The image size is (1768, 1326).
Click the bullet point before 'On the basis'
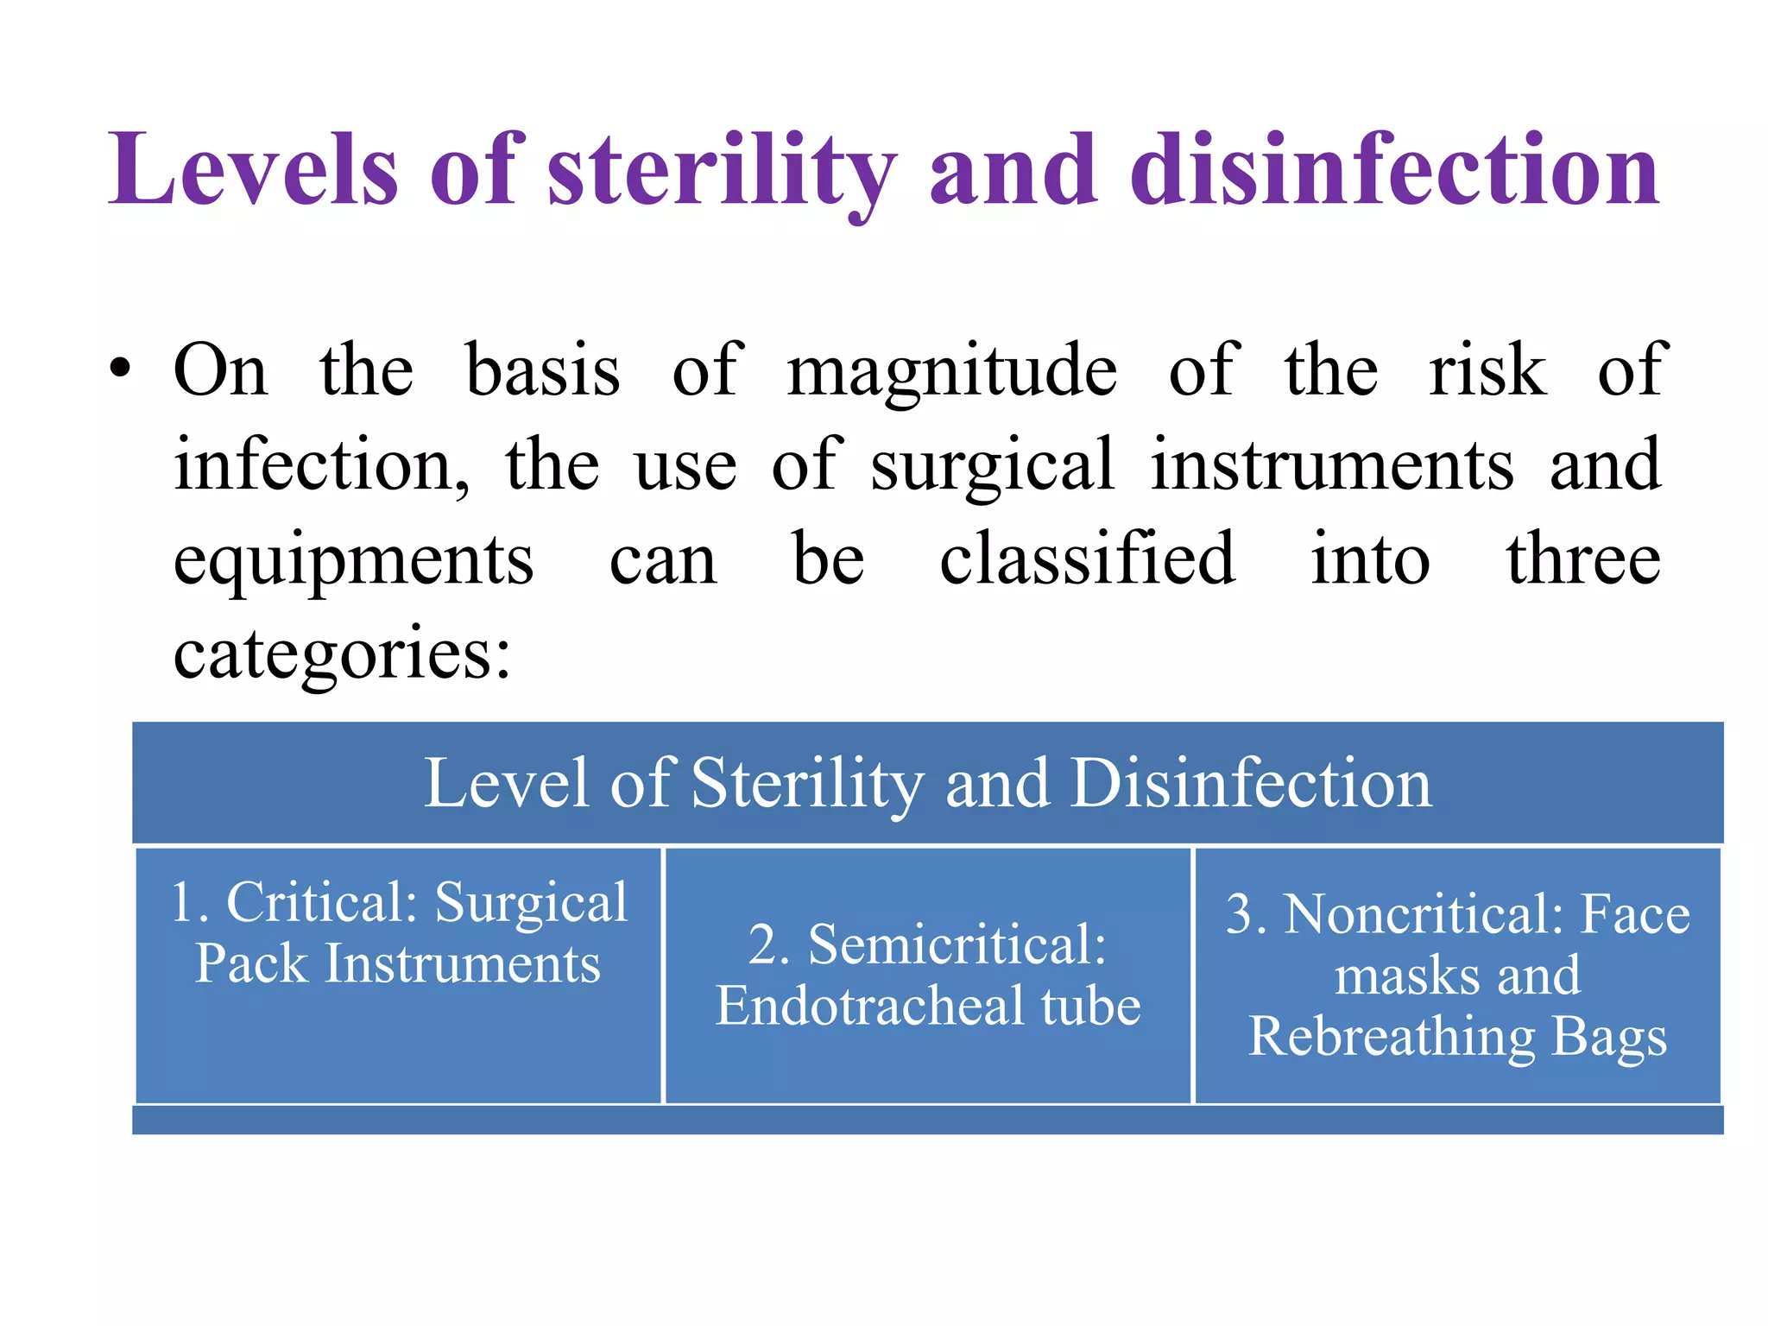click(x=121, y=370)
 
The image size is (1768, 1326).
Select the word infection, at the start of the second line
click(x=321, y=465)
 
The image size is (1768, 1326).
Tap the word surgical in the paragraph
click(x=992, y=467)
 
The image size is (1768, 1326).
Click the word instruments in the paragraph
click(x=1332, y=465)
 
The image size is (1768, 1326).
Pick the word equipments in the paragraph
click(x=354, y=562)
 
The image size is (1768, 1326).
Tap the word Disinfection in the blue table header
click(x=1251, y=783)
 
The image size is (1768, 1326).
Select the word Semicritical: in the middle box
click(x=957, y=944)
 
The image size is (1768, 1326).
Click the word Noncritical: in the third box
click(x=1424, y=914)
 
